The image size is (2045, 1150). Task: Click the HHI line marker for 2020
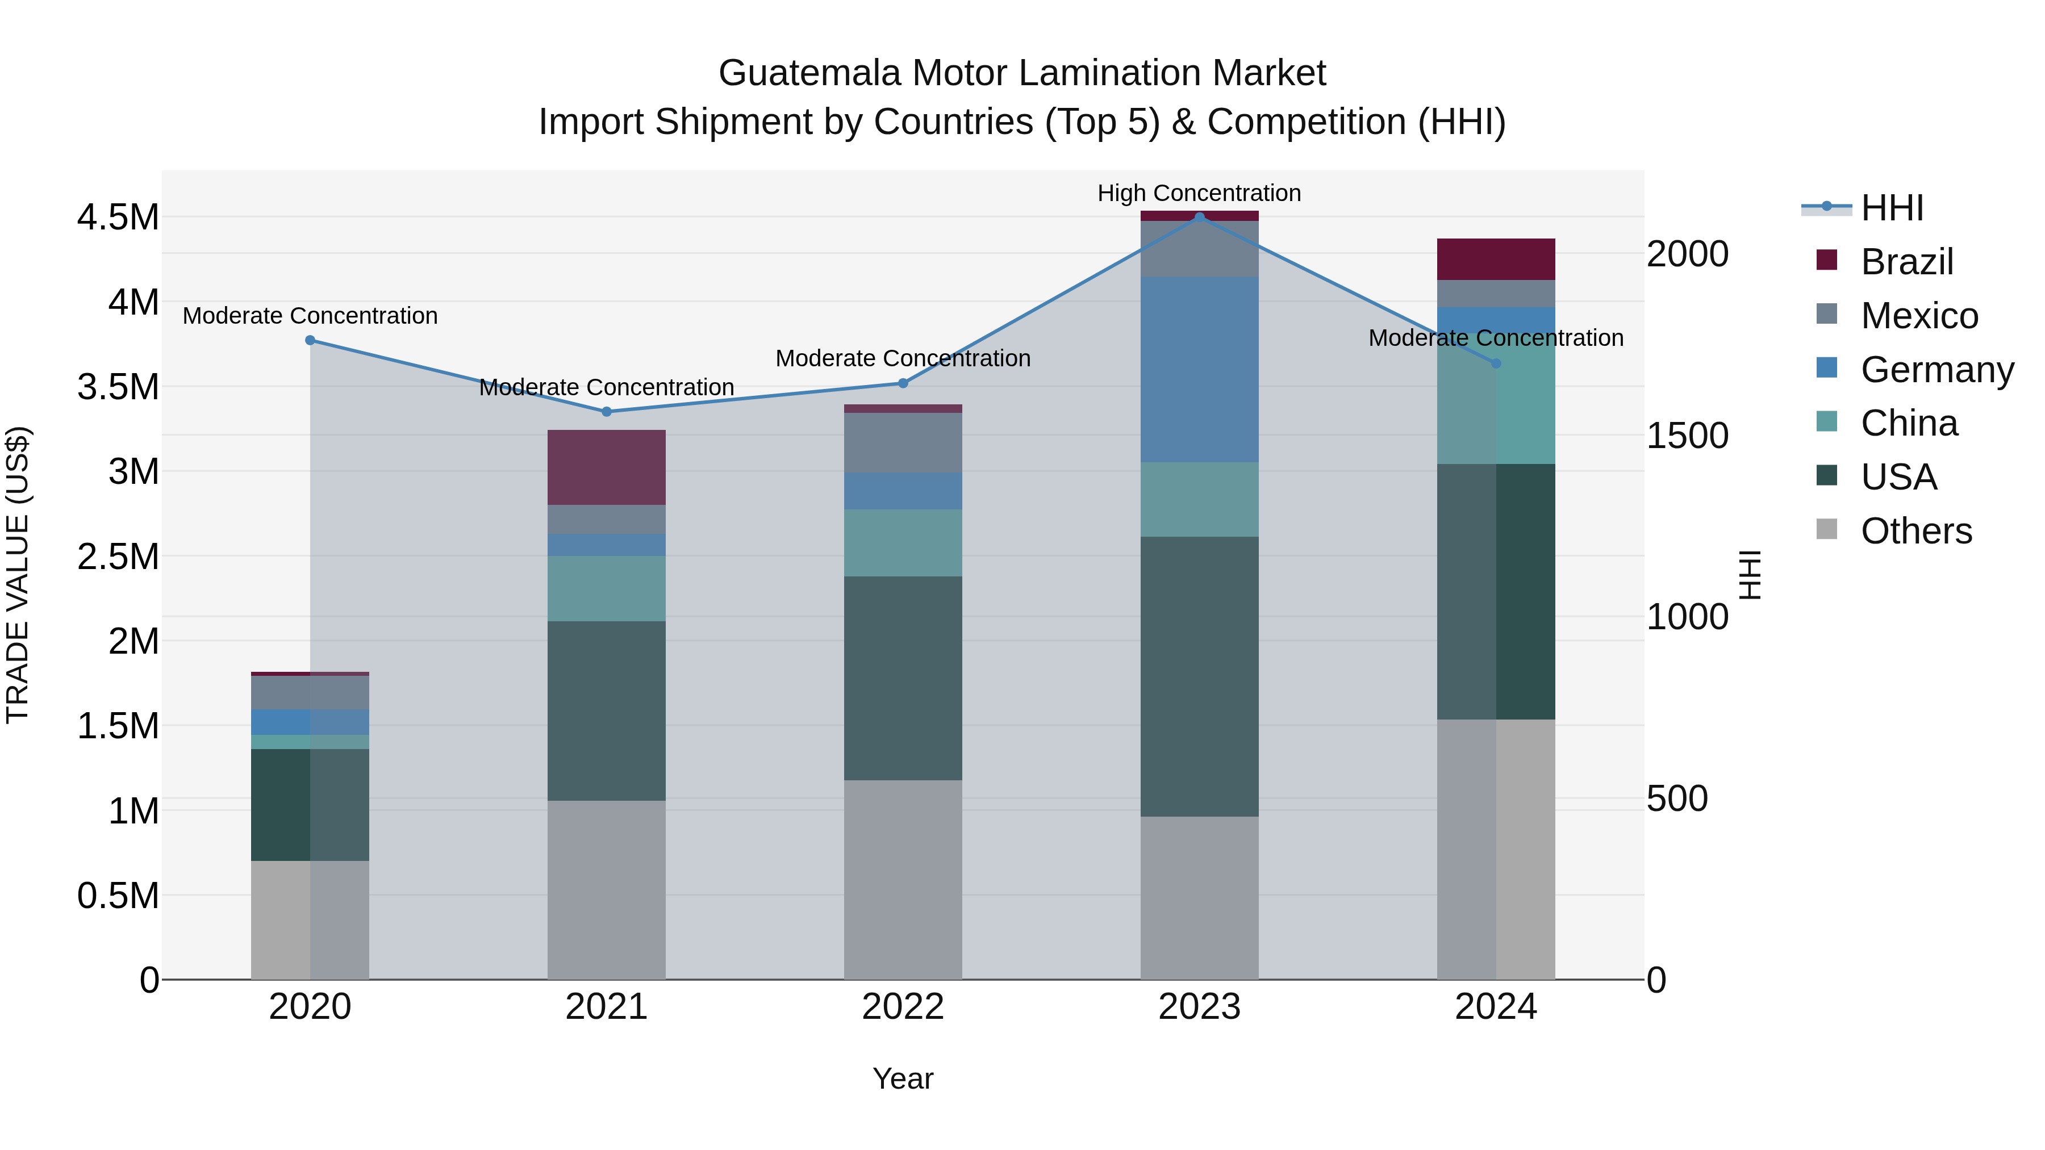(310, 341)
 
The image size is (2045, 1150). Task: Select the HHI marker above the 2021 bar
(607, 412)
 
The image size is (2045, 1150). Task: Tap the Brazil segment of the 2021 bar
(607, 467)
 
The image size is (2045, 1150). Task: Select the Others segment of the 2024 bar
(1496, 849)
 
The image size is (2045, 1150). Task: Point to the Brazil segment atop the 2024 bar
(1496, 259)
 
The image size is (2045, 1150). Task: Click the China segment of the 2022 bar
(903, 543)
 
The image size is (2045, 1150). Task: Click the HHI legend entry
(1891, 208)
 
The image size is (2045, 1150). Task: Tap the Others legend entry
(1915, 531)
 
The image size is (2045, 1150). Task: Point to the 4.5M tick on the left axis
(118, 218)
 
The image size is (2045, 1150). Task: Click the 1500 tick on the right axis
(1687, 436)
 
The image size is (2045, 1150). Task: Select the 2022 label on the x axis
(903, 1007)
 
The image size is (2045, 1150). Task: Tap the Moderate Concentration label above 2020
(310, 316)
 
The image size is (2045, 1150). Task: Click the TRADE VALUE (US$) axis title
(18, 575)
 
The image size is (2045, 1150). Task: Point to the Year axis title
(903, 1078)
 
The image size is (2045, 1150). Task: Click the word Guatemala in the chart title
(809, 73)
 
